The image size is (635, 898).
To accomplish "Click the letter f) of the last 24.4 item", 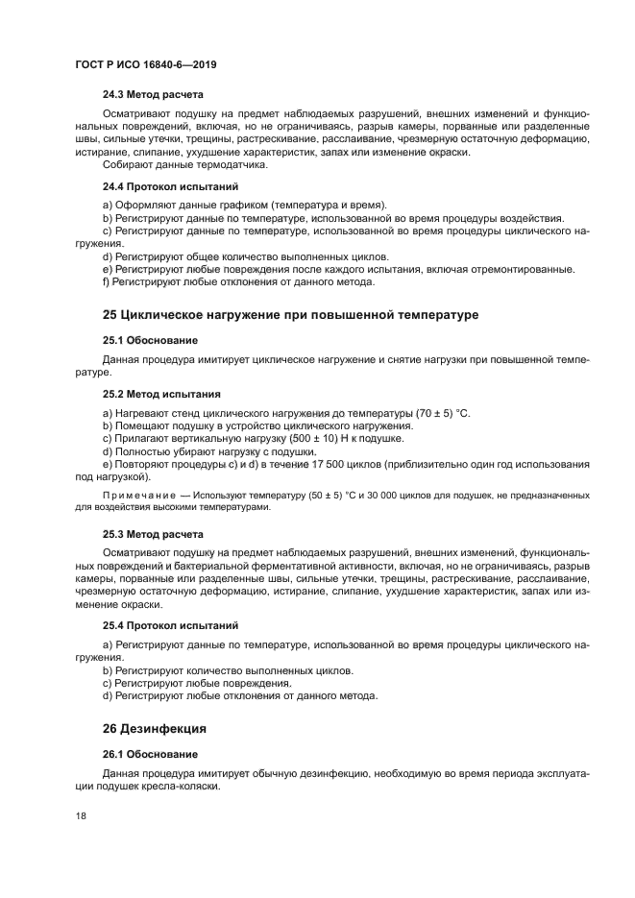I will coord(107,282).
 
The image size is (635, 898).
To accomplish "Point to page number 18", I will coord(82,816).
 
